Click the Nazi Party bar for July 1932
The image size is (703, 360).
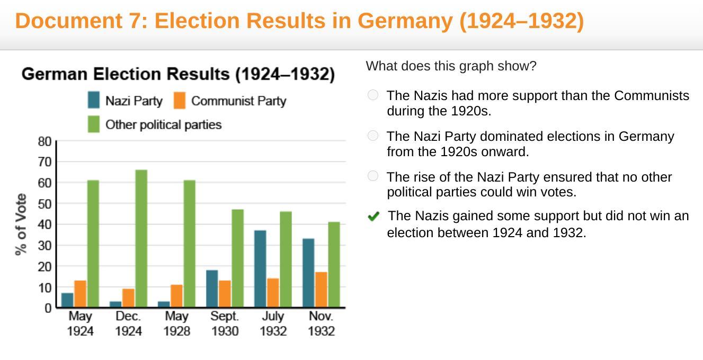(260, 268)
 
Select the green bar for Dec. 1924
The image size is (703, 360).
(141, 238)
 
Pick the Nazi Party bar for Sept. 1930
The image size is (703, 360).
(212, 289)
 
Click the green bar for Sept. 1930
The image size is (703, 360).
(237, 258)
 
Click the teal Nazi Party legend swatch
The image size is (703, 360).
(94, 101)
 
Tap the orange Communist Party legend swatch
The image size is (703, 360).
(180, 101)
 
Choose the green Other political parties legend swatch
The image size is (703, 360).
(94, 124)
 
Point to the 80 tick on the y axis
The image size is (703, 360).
(45, 141)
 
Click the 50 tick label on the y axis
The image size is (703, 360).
(45, 204)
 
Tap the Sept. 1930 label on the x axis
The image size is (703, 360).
(225, 323)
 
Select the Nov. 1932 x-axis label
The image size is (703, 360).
(321, 323)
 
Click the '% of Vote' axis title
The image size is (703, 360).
(21, 224)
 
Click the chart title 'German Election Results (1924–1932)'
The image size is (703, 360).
(178, 74)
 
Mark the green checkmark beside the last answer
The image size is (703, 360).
(373, 216)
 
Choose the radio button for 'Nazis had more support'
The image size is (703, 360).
(373, 95)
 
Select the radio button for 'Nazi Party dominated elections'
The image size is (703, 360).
(373, 136)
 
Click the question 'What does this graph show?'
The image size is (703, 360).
(451, 66)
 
